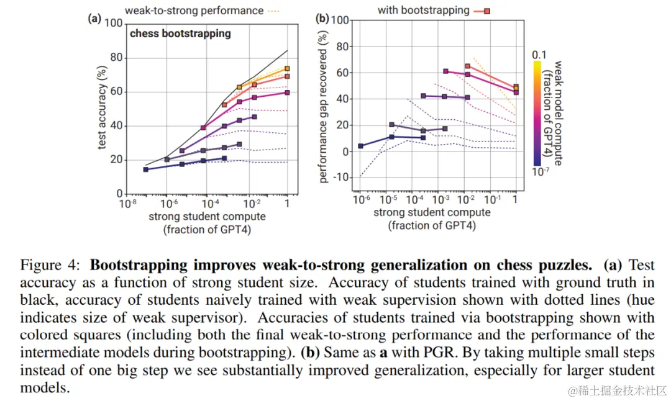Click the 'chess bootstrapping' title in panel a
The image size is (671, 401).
[180, 34]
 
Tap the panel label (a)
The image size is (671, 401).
[94, 19]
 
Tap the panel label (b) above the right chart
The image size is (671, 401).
[322, 19]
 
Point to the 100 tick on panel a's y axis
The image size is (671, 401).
[114, 24]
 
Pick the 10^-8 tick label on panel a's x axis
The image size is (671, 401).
[129, 204]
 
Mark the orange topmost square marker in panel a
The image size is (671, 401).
[287, 69]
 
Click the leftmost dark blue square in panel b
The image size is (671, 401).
[360, 146]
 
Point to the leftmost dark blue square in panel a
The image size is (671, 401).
[145, 169]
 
